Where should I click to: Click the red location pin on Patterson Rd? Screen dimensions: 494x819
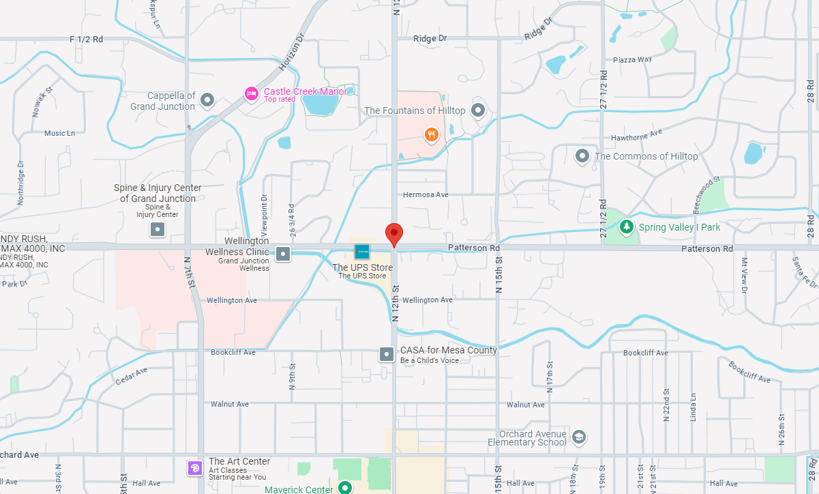393,233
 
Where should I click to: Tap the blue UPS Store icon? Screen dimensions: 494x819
362,252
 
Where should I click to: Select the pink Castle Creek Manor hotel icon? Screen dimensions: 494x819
252,94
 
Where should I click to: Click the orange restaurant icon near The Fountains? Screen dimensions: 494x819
431,134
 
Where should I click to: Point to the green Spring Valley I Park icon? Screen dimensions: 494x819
627,227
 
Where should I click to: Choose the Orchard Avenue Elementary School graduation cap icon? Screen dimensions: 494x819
579,437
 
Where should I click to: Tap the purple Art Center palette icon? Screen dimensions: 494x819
195,467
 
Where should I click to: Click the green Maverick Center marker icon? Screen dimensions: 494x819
346,487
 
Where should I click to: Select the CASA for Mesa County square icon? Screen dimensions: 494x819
387,354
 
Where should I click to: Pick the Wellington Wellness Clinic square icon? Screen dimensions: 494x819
283,255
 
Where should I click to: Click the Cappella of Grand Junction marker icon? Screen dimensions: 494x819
208,101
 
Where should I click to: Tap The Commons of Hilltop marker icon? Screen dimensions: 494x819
582,156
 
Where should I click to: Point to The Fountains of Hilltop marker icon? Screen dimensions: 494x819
478,110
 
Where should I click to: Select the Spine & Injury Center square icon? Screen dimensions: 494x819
158,229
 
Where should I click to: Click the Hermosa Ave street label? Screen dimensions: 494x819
426,194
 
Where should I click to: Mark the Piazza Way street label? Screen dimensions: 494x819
632,59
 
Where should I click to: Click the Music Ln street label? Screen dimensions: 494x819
59,133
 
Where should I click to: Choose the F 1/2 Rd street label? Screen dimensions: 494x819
86,40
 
